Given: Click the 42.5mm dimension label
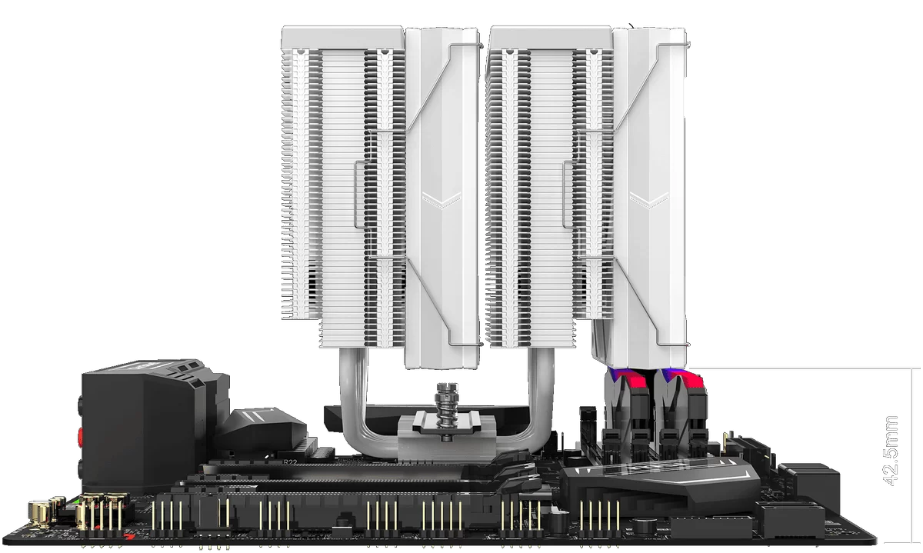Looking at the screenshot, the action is (891, 451).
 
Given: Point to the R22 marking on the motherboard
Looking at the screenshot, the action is (290, 462).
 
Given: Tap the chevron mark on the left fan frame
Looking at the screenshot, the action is (442, 200).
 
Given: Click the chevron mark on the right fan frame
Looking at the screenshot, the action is (648, 200).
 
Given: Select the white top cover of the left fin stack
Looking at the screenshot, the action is (342, 38).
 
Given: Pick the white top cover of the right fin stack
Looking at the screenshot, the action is (551, 38).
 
